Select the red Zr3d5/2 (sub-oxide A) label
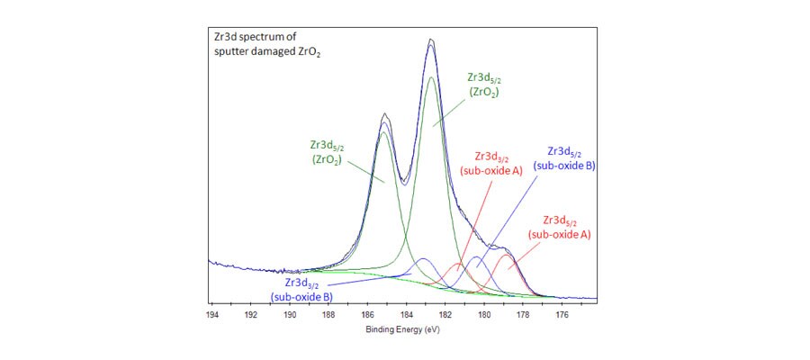(x=560, y=227)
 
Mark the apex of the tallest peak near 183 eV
(x=432, y=40)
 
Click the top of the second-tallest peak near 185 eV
(x=385, y=114)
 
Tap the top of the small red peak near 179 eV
(x=508, y=256)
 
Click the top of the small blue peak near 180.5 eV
(x=476, y=257)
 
